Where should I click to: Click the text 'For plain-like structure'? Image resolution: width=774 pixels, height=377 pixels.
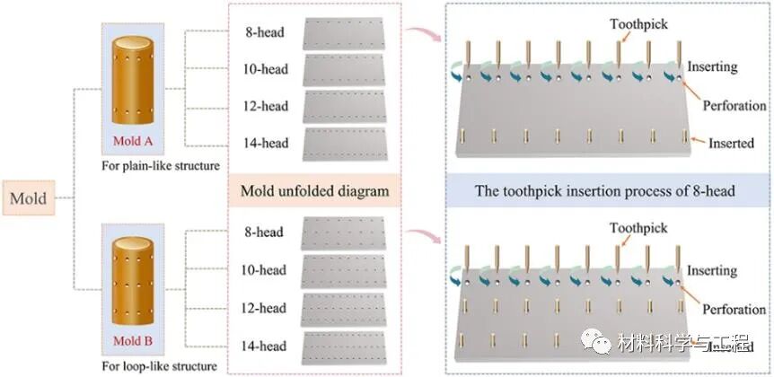point(161,165)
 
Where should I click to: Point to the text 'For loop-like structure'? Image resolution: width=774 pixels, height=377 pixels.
point(160,366)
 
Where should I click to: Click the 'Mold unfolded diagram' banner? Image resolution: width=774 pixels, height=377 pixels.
point(314,190)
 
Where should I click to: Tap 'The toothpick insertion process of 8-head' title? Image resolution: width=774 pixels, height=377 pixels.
point(608,190)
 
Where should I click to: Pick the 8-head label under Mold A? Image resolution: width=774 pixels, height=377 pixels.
point(267,34)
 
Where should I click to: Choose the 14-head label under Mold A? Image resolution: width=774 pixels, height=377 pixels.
point(267,143)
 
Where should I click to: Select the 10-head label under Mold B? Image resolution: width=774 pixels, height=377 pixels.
point(265,270)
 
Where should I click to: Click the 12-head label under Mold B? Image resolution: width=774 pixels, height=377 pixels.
point(265,308)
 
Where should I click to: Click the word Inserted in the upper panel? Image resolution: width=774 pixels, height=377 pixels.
point(731,143)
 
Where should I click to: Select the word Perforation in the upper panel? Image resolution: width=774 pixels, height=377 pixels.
point(734,105)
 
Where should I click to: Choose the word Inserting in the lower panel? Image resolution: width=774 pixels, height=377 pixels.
point(711,270)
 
